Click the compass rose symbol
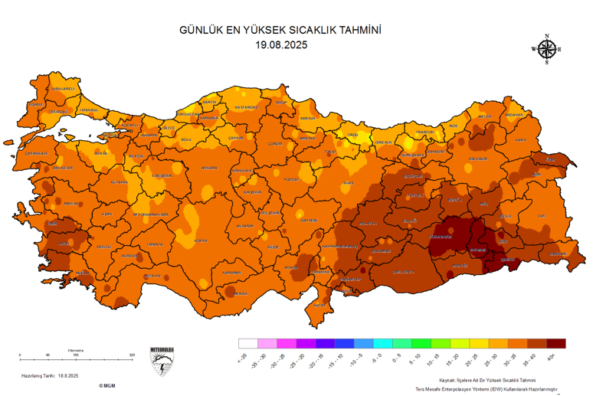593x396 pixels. [x=546, y=49]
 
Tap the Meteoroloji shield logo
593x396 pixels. [x=162, y=363]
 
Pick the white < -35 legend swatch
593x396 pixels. [x=247, y=343]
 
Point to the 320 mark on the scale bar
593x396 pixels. [x=132, y=355]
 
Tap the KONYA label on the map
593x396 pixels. [x=201, y=241]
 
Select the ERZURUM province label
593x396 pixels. [x=477, y=159]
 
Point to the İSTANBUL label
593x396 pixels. [x=90, y=110]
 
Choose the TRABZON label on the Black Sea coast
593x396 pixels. [x=425, y=132]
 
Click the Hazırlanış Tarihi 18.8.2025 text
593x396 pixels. [x=51, y=376]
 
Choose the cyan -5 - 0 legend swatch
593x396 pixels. [x=380, y=343]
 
